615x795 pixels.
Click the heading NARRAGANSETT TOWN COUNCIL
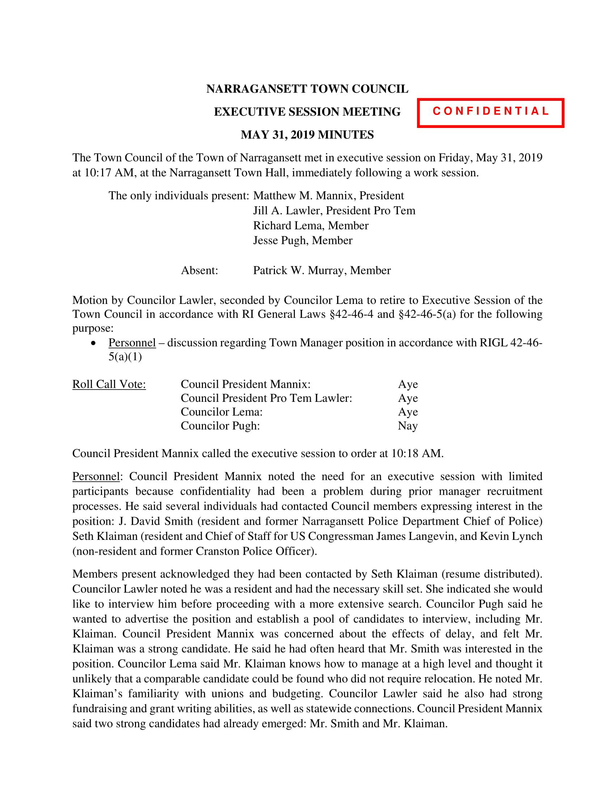pos(307,89)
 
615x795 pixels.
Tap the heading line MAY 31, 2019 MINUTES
pos(307,135)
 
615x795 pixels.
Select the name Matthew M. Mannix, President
pos(328,196)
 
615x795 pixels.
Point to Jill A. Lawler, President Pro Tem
pos(334,211)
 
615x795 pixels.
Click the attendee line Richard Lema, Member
pos(311,226)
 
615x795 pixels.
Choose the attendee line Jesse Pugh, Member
pos(303,241)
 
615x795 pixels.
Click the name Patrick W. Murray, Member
pos(322,270)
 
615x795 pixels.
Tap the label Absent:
pos(200,270)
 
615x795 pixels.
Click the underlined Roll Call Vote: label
pos(109,384)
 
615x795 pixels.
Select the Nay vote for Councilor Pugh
pos(407,426)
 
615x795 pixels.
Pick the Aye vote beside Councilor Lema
pos(408,412)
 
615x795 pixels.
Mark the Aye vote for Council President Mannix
pos(408,384)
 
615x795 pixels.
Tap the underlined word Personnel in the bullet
pos(132,343)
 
